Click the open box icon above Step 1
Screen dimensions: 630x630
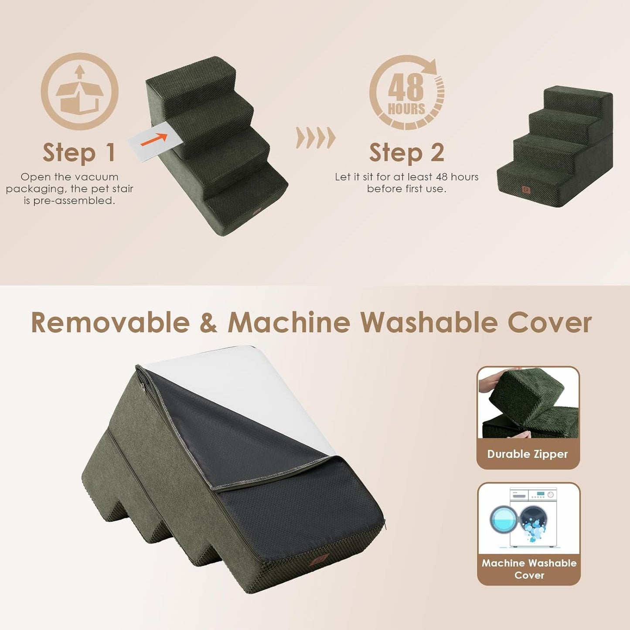point(79,92)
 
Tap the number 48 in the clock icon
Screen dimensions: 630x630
point(406,87)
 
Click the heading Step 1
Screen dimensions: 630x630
point(79,153)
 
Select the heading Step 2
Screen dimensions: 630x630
point(406,153)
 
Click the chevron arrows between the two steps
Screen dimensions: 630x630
point(316,138)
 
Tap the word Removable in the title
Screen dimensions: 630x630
point(110,323)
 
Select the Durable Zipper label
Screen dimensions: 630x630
point(528,454)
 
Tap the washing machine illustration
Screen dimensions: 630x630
point(528,517)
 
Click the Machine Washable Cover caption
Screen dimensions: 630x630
point(529,569)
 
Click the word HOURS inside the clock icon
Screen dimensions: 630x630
point(406,109)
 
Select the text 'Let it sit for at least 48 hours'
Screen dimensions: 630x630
point(406,177)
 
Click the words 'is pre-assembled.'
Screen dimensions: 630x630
point(69,201)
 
